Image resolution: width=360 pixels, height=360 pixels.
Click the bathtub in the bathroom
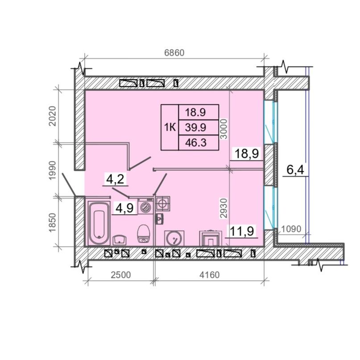point(99,223)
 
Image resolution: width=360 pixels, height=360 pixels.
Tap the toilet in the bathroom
point(144,233)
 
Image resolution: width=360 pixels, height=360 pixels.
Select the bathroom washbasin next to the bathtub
point(120,240)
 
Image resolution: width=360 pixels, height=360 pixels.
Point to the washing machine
point(145,207)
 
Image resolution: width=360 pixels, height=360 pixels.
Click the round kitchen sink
point(174,238)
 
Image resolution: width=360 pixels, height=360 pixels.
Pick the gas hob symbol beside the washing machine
point(163,203)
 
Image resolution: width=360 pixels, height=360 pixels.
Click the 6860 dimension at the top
point(174,53)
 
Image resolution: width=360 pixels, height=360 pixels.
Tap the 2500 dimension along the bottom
point(121,275)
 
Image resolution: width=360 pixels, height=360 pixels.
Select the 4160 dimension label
point(209,275)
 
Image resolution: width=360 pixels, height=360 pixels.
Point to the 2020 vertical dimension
point(53,116)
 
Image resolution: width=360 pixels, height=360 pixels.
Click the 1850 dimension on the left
point(53,223)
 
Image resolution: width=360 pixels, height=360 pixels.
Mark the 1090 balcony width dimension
point(291,229)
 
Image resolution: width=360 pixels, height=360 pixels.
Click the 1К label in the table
point(170,127)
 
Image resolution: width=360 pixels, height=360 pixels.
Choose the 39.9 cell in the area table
point(195,127)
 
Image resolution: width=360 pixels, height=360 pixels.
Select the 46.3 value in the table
point(196,143)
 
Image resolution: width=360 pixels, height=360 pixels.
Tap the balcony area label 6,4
point(295,170)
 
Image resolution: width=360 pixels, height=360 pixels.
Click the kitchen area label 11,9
point(242,231)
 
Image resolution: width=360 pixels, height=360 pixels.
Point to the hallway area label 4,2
point(115,179)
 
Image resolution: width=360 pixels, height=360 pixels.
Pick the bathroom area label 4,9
point(124,208)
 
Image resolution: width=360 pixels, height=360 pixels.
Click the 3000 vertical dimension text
point(223,128)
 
